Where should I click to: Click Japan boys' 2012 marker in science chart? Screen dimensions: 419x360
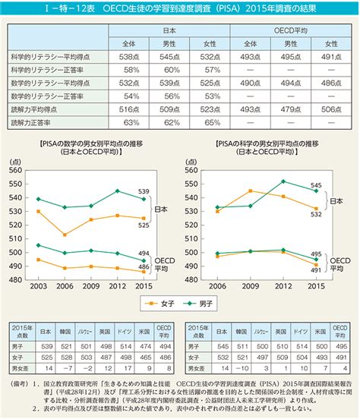283,181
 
